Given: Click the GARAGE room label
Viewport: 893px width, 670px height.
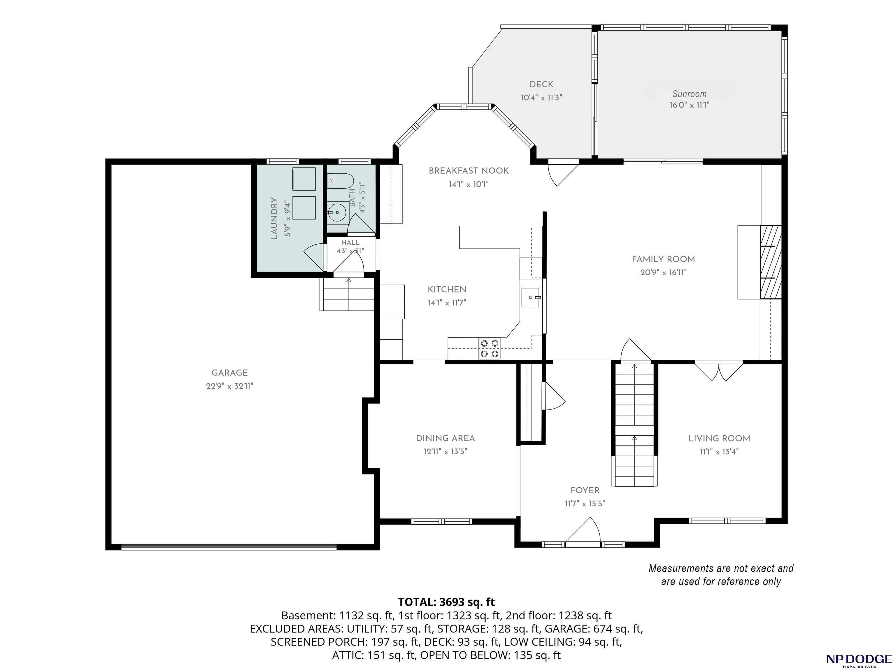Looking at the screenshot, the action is tap(230, 373).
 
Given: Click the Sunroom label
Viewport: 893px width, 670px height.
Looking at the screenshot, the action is tap(689, 94).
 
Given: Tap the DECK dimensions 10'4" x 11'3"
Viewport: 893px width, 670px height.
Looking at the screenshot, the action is tap(541, 98).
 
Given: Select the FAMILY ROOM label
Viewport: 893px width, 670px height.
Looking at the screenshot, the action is tap(663, 259).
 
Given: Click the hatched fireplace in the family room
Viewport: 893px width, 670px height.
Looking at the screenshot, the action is tap(771, 262).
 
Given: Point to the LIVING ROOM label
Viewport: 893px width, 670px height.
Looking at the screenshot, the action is tap(719, 438).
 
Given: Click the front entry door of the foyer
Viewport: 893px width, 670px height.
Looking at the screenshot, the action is tap(582, 532).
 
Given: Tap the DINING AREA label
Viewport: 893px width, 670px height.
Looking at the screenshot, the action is tap(445, 438).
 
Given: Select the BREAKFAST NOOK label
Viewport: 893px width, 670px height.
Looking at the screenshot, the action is tap(469, 171).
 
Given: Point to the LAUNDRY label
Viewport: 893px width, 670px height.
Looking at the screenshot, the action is tap(274, 218).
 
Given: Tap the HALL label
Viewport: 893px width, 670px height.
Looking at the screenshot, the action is tap(350, 243).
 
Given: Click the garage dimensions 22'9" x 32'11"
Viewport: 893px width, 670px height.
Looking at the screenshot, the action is tap(230, 386).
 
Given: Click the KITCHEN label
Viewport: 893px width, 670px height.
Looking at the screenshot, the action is tap(447, 289).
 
